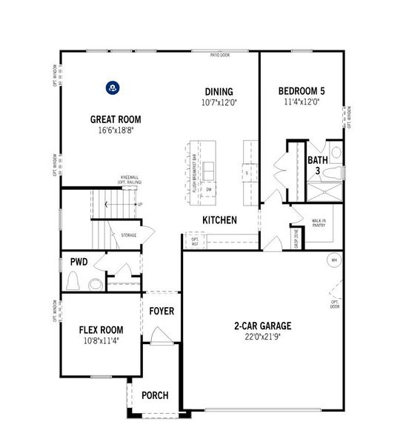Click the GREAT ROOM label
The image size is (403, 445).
tap(116, 119)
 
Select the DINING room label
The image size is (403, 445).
tap(220, 92)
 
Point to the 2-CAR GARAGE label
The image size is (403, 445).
tap(263, 325)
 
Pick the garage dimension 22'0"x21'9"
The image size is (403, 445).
tap(263, 337)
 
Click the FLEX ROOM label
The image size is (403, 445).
tap(101, 329)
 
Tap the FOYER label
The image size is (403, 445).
tap(161, 311)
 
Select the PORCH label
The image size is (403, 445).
tap(155, 395)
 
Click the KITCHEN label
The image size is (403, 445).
tap(220, 220)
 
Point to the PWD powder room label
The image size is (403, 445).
tap(79, 262)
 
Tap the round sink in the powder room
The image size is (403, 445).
tap(96, 283)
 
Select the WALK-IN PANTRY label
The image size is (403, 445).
tap(319, 223)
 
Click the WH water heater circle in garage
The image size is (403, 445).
tap(334, 260)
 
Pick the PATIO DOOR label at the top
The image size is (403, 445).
tap(220, 55)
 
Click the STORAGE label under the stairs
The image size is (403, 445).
tap(129, 235)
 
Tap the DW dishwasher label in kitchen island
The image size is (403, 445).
tap(209, 190)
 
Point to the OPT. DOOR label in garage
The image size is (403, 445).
tap(335, 304)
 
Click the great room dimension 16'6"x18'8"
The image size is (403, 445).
tap(116, 130)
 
